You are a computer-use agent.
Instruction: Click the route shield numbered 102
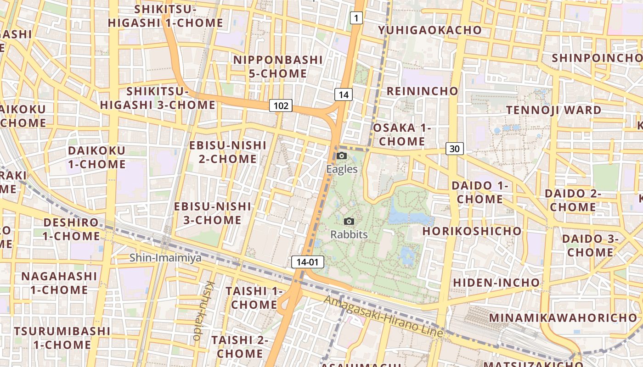(281, 106)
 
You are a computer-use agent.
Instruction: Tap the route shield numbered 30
(454, 149)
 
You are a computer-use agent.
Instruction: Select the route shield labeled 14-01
(308, 262)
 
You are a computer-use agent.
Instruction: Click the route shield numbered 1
(356, 18)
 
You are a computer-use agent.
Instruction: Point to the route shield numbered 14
(344, 95)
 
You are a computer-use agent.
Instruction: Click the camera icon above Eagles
(342, 156)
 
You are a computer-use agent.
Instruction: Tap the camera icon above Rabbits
(349, 222)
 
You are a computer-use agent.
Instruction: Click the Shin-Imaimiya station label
(165, 258)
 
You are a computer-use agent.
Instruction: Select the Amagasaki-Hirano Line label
(384, 317)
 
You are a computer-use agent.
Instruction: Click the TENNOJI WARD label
(553, 110)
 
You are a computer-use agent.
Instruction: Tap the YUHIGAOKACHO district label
(429, 30)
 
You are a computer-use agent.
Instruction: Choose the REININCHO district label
(422, 91)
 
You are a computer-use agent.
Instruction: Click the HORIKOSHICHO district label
(472, 231)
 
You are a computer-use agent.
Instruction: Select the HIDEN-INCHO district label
(496, 283)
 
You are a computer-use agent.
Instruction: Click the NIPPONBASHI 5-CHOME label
(278, 67)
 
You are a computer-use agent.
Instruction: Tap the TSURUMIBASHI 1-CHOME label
(62, 338)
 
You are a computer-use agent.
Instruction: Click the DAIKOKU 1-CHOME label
(96, 157)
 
